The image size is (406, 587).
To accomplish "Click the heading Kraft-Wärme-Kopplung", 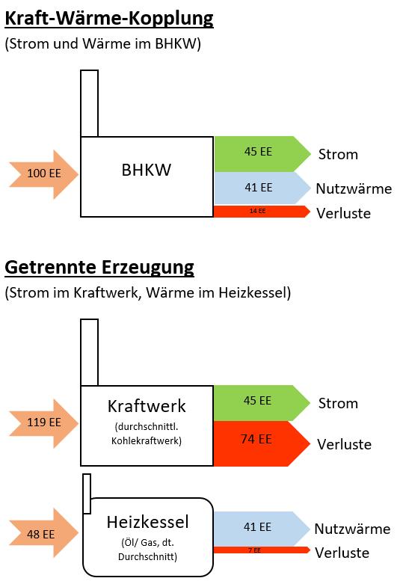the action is [109, 19].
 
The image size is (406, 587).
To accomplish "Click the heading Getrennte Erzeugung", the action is [99, 268].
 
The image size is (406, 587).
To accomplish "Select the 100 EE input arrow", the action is [44, 174].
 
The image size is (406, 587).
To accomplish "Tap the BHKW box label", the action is [147, 170].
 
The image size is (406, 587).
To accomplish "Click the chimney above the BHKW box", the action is [90, 103].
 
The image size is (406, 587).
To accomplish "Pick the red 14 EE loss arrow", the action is [262, 212].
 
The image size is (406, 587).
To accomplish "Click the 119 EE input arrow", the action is [44, 423].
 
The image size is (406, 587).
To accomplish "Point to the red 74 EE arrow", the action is [262, 443].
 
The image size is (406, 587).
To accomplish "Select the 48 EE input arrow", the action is [44, 533].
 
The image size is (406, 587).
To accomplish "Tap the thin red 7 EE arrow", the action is [262, 550].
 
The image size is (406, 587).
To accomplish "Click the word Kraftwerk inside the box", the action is [147, 406].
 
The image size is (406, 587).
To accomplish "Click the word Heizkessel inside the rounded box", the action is [147, 522].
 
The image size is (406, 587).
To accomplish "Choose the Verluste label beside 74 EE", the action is [344, 444].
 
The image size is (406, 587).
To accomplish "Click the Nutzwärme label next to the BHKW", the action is [354, 188].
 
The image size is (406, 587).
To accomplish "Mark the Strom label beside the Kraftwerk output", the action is [338, 404].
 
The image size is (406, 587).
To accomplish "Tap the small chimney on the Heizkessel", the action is [87, 494].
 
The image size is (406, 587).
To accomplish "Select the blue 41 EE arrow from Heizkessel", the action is [262, 528].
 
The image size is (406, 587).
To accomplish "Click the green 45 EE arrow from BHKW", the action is [262, 154].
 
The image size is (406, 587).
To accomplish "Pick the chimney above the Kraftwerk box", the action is [90, 352].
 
